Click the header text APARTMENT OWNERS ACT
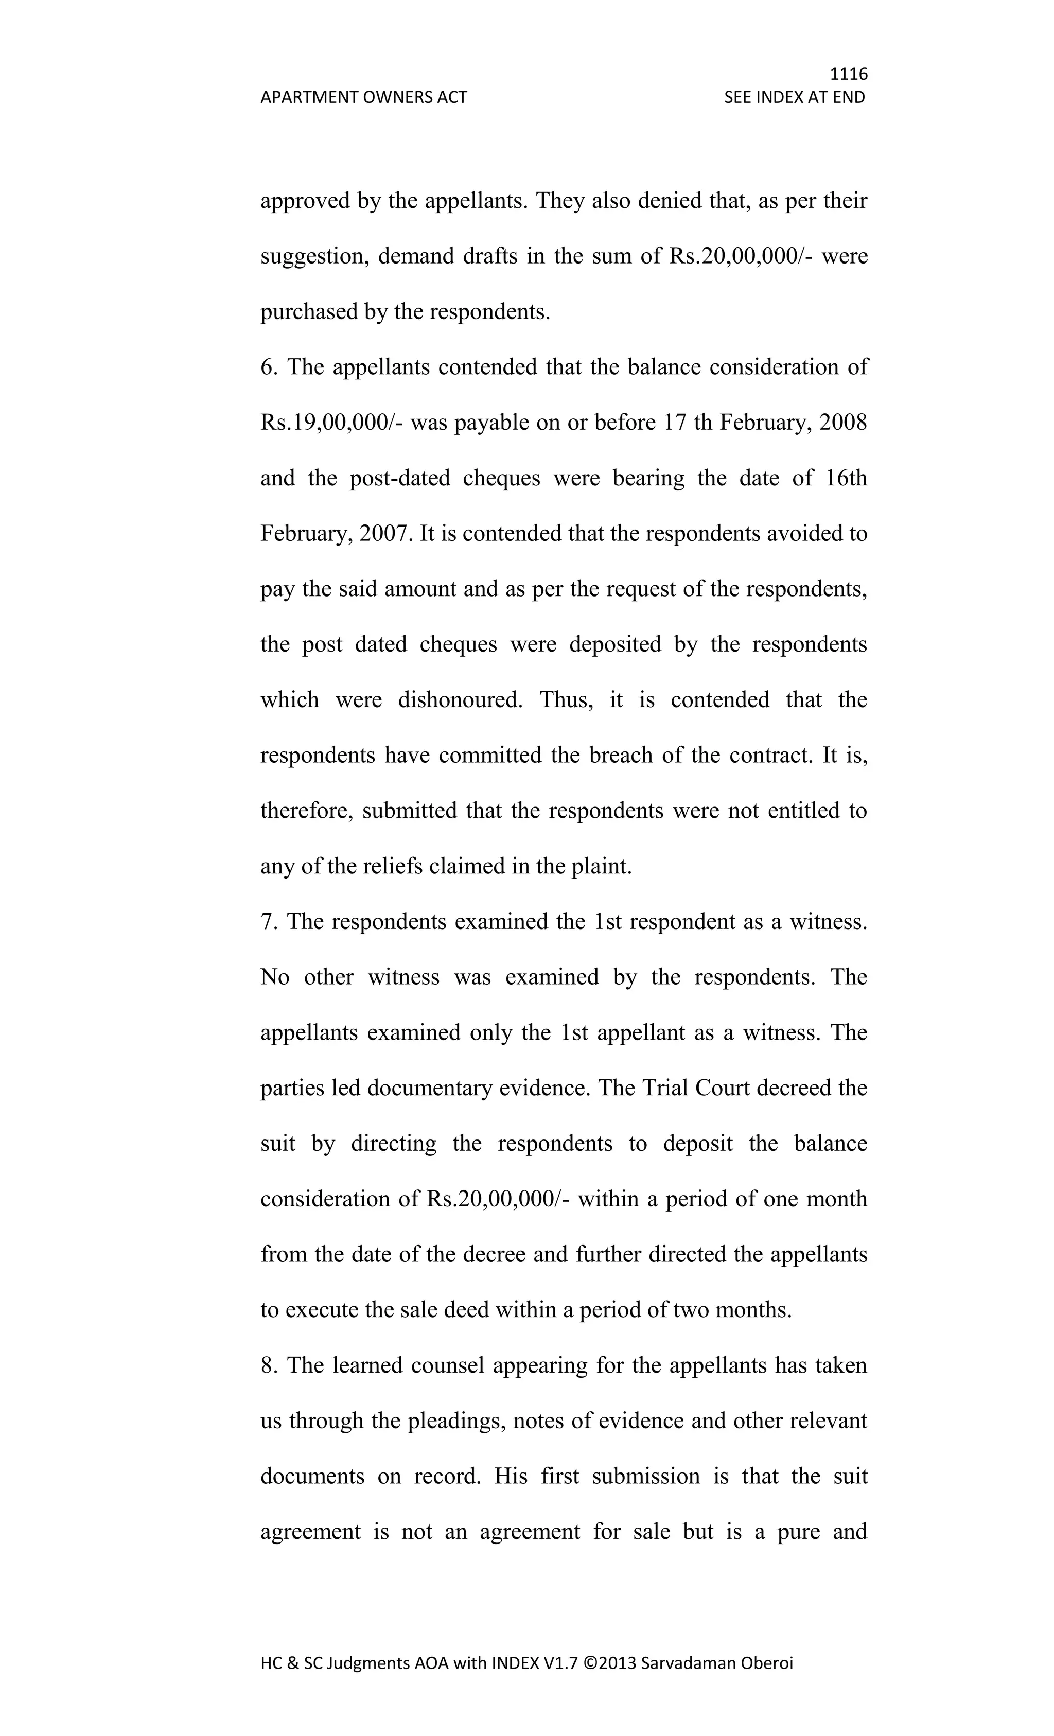363,97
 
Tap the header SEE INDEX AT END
794,97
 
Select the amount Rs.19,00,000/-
331,423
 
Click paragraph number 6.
267,368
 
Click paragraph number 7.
267,922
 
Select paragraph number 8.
267,1365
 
